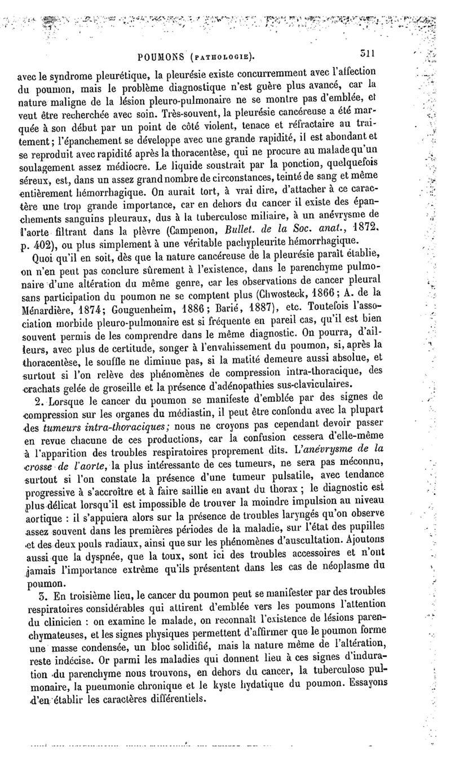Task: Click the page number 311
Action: coord(368,55)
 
